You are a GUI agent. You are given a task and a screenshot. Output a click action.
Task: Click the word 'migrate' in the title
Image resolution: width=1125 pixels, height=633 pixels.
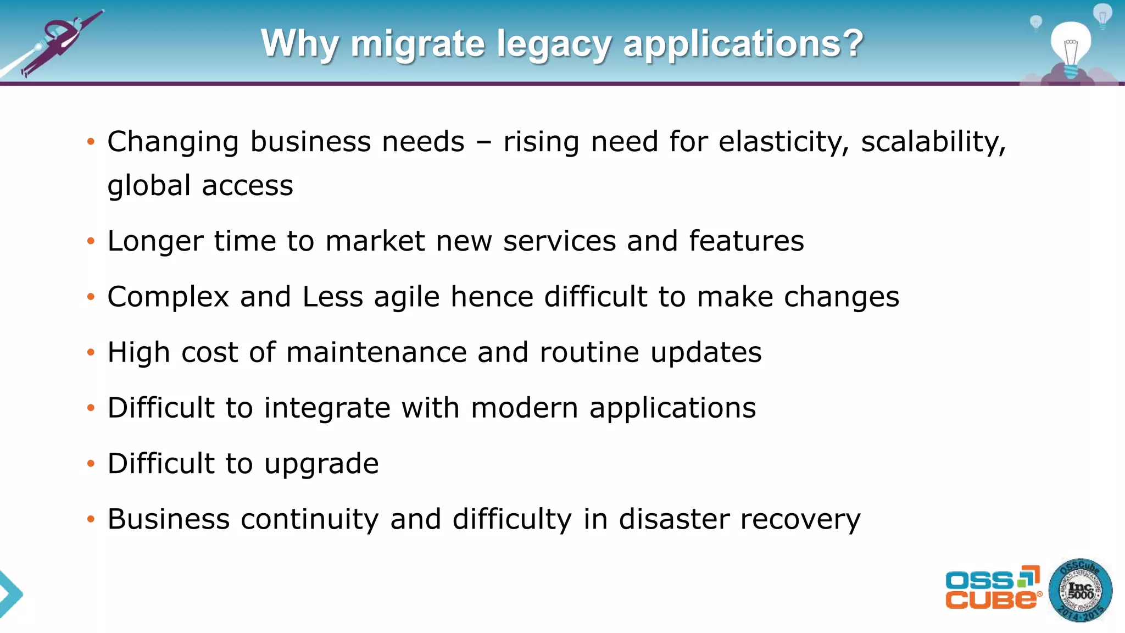[417, 44]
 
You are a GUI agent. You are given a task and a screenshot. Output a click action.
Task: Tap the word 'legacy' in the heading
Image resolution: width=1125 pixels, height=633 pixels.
[554, 44]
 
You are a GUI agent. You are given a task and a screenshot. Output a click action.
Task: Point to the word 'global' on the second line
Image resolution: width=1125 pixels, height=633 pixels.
[149, 186]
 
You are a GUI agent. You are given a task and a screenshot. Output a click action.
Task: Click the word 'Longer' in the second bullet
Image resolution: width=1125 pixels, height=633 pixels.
[155, 241]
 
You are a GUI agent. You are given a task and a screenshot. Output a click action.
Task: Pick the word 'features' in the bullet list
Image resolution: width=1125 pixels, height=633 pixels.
[746, 241]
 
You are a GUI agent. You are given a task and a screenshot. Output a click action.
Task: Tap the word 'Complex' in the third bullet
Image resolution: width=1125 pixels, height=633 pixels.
[168, 297]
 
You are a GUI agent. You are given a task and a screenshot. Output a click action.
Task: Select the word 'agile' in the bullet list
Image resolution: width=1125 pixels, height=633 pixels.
[407, 297]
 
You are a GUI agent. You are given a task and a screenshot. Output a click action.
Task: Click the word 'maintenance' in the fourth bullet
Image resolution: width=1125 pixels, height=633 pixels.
[376, 352]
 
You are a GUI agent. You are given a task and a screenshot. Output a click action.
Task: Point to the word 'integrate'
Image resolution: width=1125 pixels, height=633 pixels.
[327, 408]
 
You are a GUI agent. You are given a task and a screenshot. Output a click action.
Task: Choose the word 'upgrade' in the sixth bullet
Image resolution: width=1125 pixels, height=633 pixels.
[321, 464]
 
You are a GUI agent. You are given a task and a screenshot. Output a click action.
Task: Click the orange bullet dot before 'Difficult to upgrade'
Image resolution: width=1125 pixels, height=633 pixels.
[91, 464]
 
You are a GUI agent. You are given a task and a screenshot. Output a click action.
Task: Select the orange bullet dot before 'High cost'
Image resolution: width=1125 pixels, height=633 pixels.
[91, 353]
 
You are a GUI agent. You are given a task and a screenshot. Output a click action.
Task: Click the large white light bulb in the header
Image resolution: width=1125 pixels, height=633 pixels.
[1071, 47]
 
